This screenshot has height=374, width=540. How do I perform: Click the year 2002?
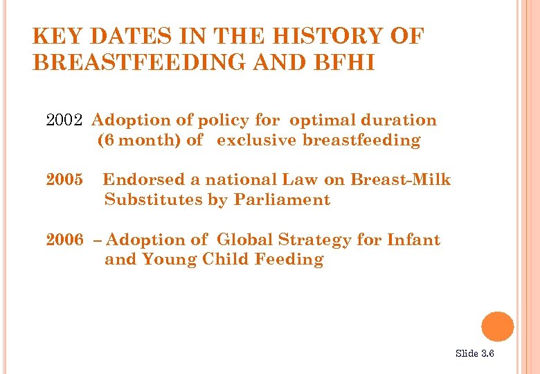pyautogui.click(x=64, y=121)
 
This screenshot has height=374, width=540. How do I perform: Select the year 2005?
pyautogui.click(x=64, y=180)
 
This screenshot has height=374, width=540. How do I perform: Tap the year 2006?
pyautogui.click(x=64, y=240)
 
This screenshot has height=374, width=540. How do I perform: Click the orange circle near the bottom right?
pyautogui.click(x=497, y=327)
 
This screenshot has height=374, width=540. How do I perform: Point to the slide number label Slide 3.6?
pyautogui.click(x=474, y=354)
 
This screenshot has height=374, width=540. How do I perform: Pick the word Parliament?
pyautogui.click(x=282, y=200)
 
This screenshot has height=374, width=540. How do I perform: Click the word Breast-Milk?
pyautogui.click(x=400, y=180)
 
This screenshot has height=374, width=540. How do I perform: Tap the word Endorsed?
pyautogui.click(x=144, y=180)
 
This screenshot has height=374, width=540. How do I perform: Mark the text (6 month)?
pyautogui.click(x=140, y=141)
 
